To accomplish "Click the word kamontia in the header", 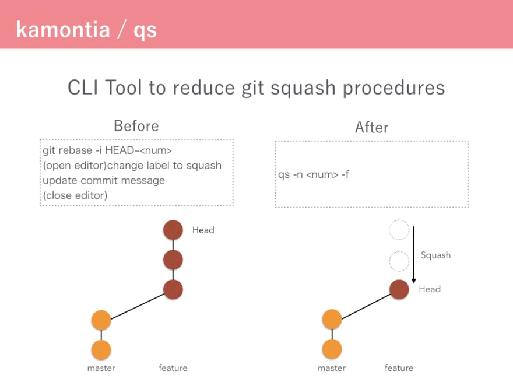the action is (x=63, y=30).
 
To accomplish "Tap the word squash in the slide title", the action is (x=303, y=89).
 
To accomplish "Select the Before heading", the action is (x=136, y=126).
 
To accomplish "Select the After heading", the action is (x=372, y=127).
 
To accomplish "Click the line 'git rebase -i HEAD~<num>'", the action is (x=107, y=150).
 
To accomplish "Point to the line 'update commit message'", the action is (x=104, y=180).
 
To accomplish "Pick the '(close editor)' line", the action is (x=75, y=195).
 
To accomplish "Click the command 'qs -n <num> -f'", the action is (x=314, y=174).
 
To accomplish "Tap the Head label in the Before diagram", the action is (x=203, y=230).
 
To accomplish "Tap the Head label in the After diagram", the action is (x=430, y=289).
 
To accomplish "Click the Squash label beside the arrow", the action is (x=435, y=256).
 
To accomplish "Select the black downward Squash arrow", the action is (x=414, y=255).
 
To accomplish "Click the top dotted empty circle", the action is (x=399, y=230).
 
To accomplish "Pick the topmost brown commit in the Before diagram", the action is (x=173, y=230).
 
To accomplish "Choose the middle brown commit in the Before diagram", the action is (x=173, y=260).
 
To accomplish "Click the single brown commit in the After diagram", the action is (x=399, y=289).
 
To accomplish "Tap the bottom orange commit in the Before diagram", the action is (x=101, y=349).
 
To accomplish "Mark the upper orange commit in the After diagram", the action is (x=332, y=319).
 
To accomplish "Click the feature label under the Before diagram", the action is (x=173, y=368).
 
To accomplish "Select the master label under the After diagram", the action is (x=332, y=368).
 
